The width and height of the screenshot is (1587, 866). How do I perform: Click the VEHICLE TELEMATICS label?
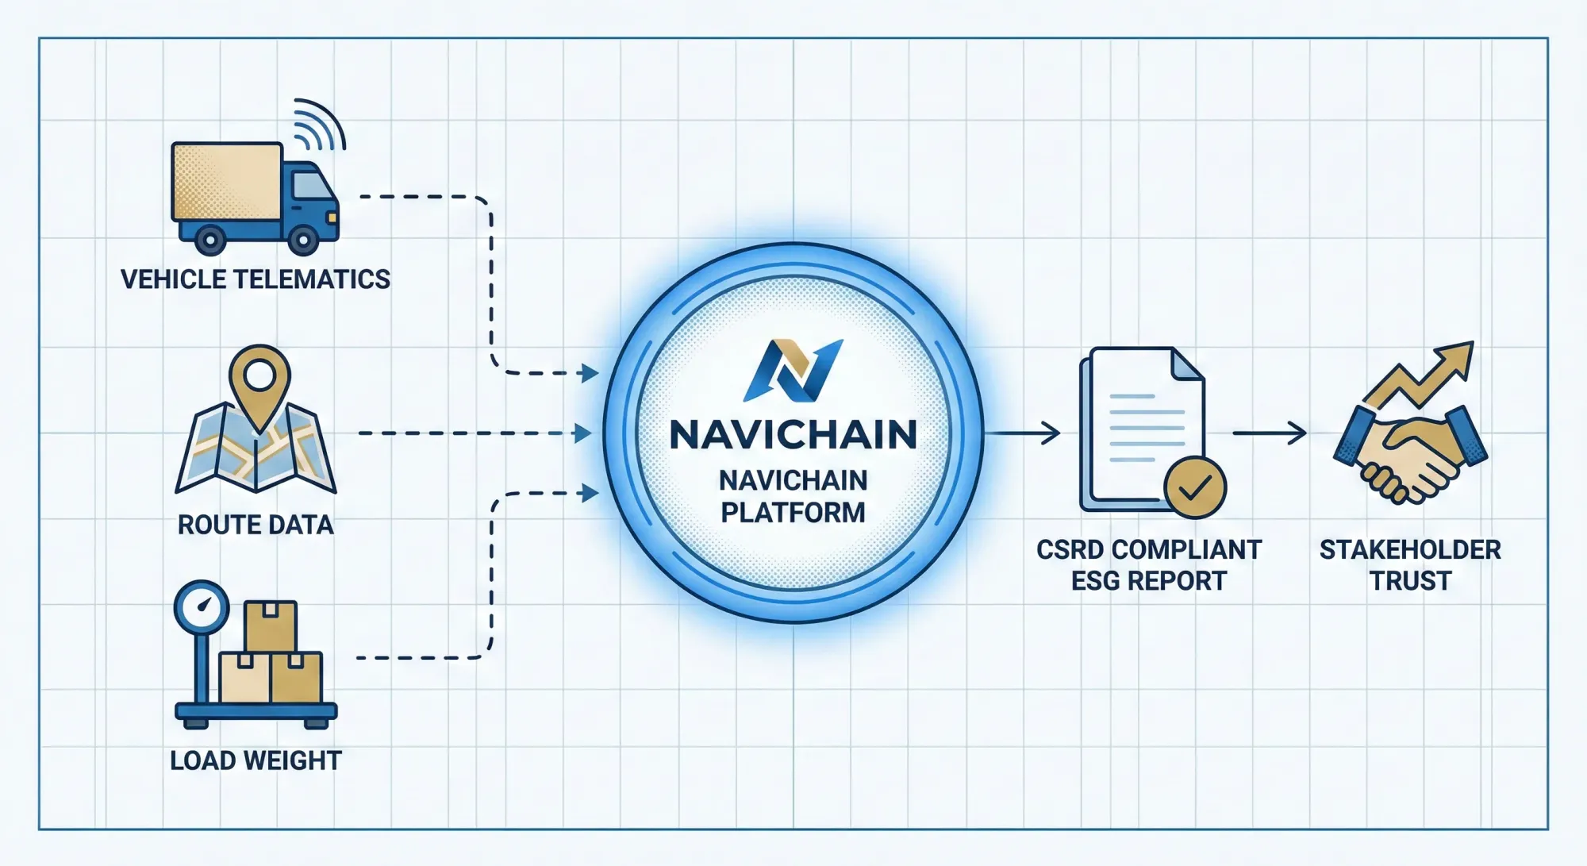pyautogui.click(x=255, y=279)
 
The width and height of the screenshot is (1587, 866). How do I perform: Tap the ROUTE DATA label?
pyautogui.click(x=255, y=525)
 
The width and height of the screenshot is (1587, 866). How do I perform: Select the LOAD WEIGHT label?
pyautogui.click(x=255, y=760)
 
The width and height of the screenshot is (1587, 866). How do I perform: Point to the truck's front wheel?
pyautogui.click(x=303, y=238)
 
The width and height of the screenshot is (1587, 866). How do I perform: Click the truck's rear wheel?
pyautogui.click(x=210, y=238)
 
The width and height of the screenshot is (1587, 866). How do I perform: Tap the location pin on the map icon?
pyautogui.click(x=259, y=379)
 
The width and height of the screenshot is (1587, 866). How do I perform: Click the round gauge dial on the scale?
pyautogui.click(x=202, y=607)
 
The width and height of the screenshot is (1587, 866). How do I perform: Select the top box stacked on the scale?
pyautogui.click(x=271, y=625)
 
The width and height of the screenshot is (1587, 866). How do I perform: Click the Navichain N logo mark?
pyautogui.click(x=793, y=371)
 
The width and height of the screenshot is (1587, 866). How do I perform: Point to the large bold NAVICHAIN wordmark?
pyautogui.click(x=793, y=435)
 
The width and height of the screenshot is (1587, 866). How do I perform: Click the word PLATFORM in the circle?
pyautogui.click(x=793, y=513)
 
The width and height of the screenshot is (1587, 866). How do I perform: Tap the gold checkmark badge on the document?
pyautogui.click(x=1194, y=487)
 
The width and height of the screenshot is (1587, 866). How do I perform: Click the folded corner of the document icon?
pyautogui.click(x=1187, y=365)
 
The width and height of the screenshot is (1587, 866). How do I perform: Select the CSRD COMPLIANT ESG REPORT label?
pyautogui.click(x=1148, y=565)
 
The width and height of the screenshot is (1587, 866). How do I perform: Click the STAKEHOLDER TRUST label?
pyautogui.click(x=1410, y=565)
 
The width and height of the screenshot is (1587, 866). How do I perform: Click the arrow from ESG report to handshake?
pyautogui.click(x=1270, y=433)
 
